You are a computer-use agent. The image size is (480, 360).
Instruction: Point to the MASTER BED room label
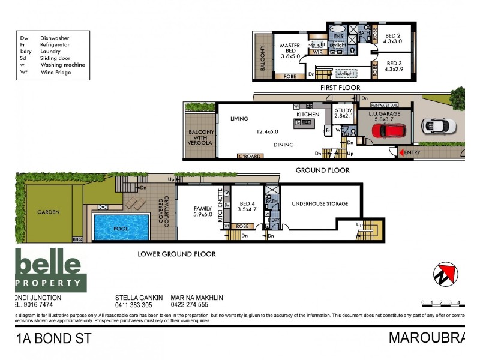[x=290, y=52]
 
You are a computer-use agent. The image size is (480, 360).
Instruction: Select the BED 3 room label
[x=394, y=67]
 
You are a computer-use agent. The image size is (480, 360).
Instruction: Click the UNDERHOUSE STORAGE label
[x=320, y=204]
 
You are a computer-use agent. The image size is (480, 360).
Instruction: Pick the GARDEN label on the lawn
[x=48, y=212]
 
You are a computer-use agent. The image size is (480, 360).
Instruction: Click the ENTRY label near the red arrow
[x=413, y=153]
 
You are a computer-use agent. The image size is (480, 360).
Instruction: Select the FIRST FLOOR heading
[x=340, y=88]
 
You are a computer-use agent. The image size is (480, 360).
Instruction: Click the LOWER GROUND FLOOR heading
[x=176, y=254]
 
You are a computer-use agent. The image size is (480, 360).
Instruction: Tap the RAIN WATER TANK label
[x=385, y=105]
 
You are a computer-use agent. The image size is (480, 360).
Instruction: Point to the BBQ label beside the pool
[x=77, y=239]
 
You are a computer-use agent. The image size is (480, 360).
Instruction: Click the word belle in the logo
[x=48, y=263]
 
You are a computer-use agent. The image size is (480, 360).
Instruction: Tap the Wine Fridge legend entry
[x=55, y=73]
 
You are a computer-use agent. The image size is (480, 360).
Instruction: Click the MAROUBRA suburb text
[x=426, y=338]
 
